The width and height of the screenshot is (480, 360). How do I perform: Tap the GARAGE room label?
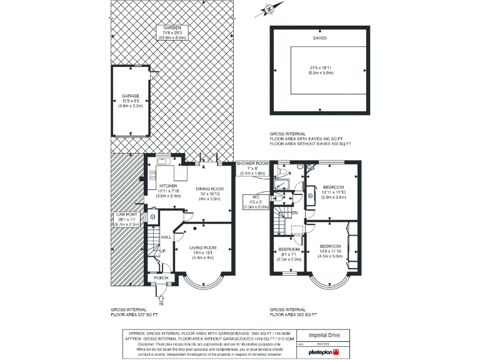tap(131, 96)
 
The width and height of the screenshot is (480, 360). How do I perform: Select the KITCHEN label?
tap(169, 186)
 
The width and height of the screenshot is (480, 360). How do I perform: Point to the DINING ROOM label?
tap(210, 189)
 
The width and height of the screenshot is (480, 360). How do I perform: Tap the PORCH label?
tap(161, 278)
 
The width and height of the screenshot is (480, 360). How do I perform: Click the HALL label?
tap(166, 237)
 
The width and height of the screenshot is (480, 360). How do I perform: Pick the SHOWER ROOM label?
tap(251, 163)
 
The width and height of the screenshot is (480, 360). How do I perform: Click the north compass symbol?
tap(268, 9)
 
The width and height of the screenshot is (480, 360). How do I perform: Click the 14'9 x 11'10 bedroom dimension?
tap(331, 251)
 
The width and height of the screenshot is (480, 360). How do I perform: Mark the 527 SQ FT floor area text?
tap(128, 314)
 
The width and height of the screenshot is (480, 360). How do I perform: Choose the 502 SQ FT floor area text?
tap(288, 314)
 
